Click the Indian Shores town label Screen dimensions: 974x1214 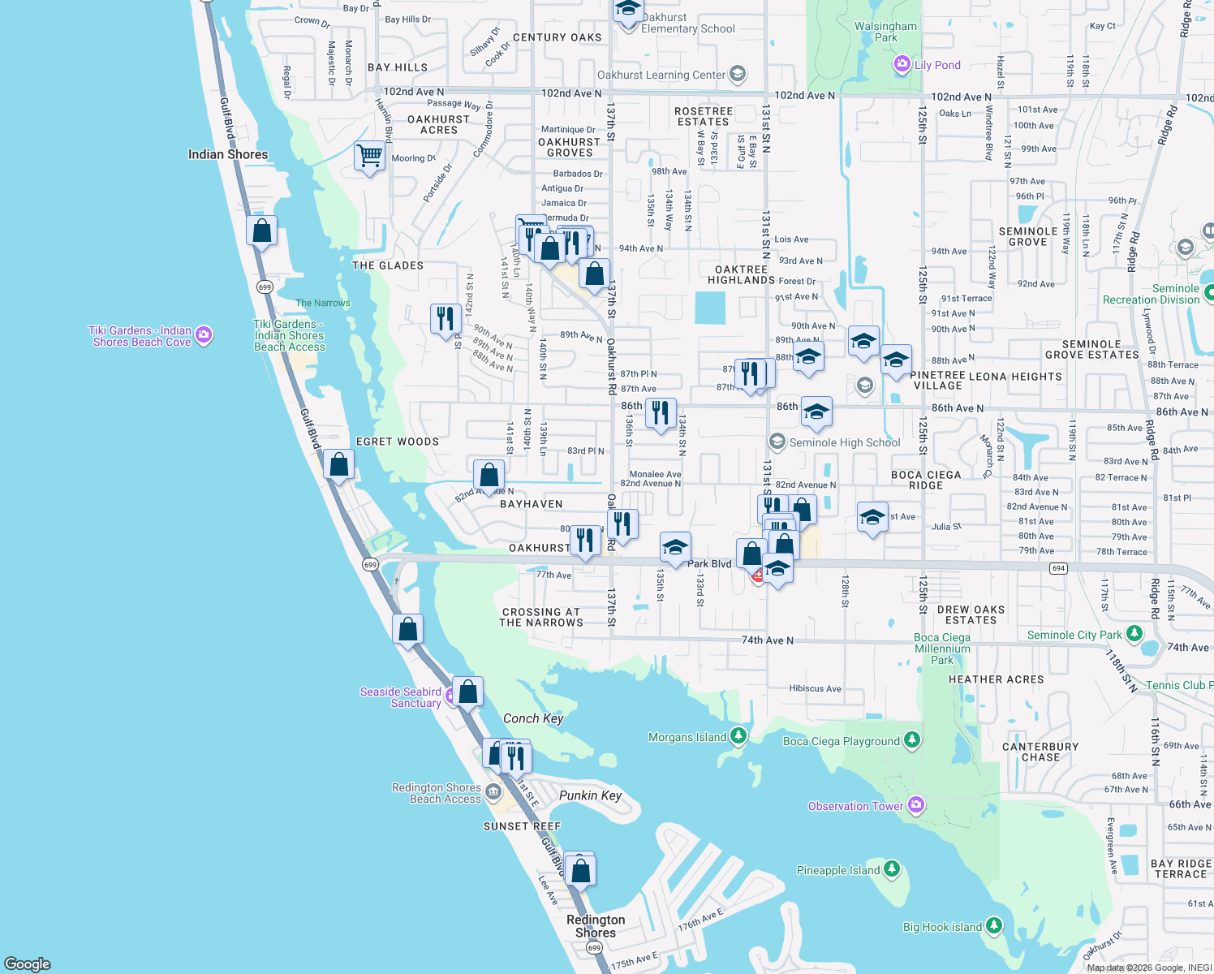tap(227, 154)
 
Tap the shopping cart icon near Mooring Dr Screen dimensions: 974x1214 tap(369, 154)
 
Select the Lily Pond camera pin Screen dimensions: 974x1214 tap(902, 64)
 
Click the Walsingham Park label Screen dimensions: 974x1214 tap(885, 32)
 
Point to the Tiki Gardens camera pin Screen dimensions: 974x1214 tap(204, 334)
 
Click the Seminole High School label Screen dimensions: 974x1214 tap(845, 442)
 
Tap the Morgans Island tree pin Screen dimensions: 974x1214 tap(738, 736)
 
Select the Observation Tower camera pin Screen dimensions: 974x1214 tap(916, 805)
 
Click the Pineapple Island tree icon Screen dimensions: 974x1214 tap(892, 869)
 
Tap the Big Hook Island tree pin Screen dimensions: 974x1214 tap(994, 926)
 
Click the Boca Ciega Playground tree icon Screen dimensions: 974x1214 tap(912, 740)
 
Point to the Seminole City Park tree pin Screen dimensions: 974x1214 tap(1134, 634)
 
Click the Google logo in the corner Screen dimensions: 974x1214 tap(28, 963)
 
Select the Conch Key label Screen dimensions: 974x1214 tap(533, 718)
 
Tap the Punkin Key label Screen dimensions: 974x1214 tap(590, 795)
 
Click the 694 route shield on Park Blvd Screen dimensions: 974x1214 tap(1058, 568)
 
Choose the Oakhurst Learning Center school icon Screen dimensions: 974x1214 tap(738, 75)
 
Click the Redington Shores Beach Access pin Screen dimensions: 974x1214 tap(493, 791)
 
